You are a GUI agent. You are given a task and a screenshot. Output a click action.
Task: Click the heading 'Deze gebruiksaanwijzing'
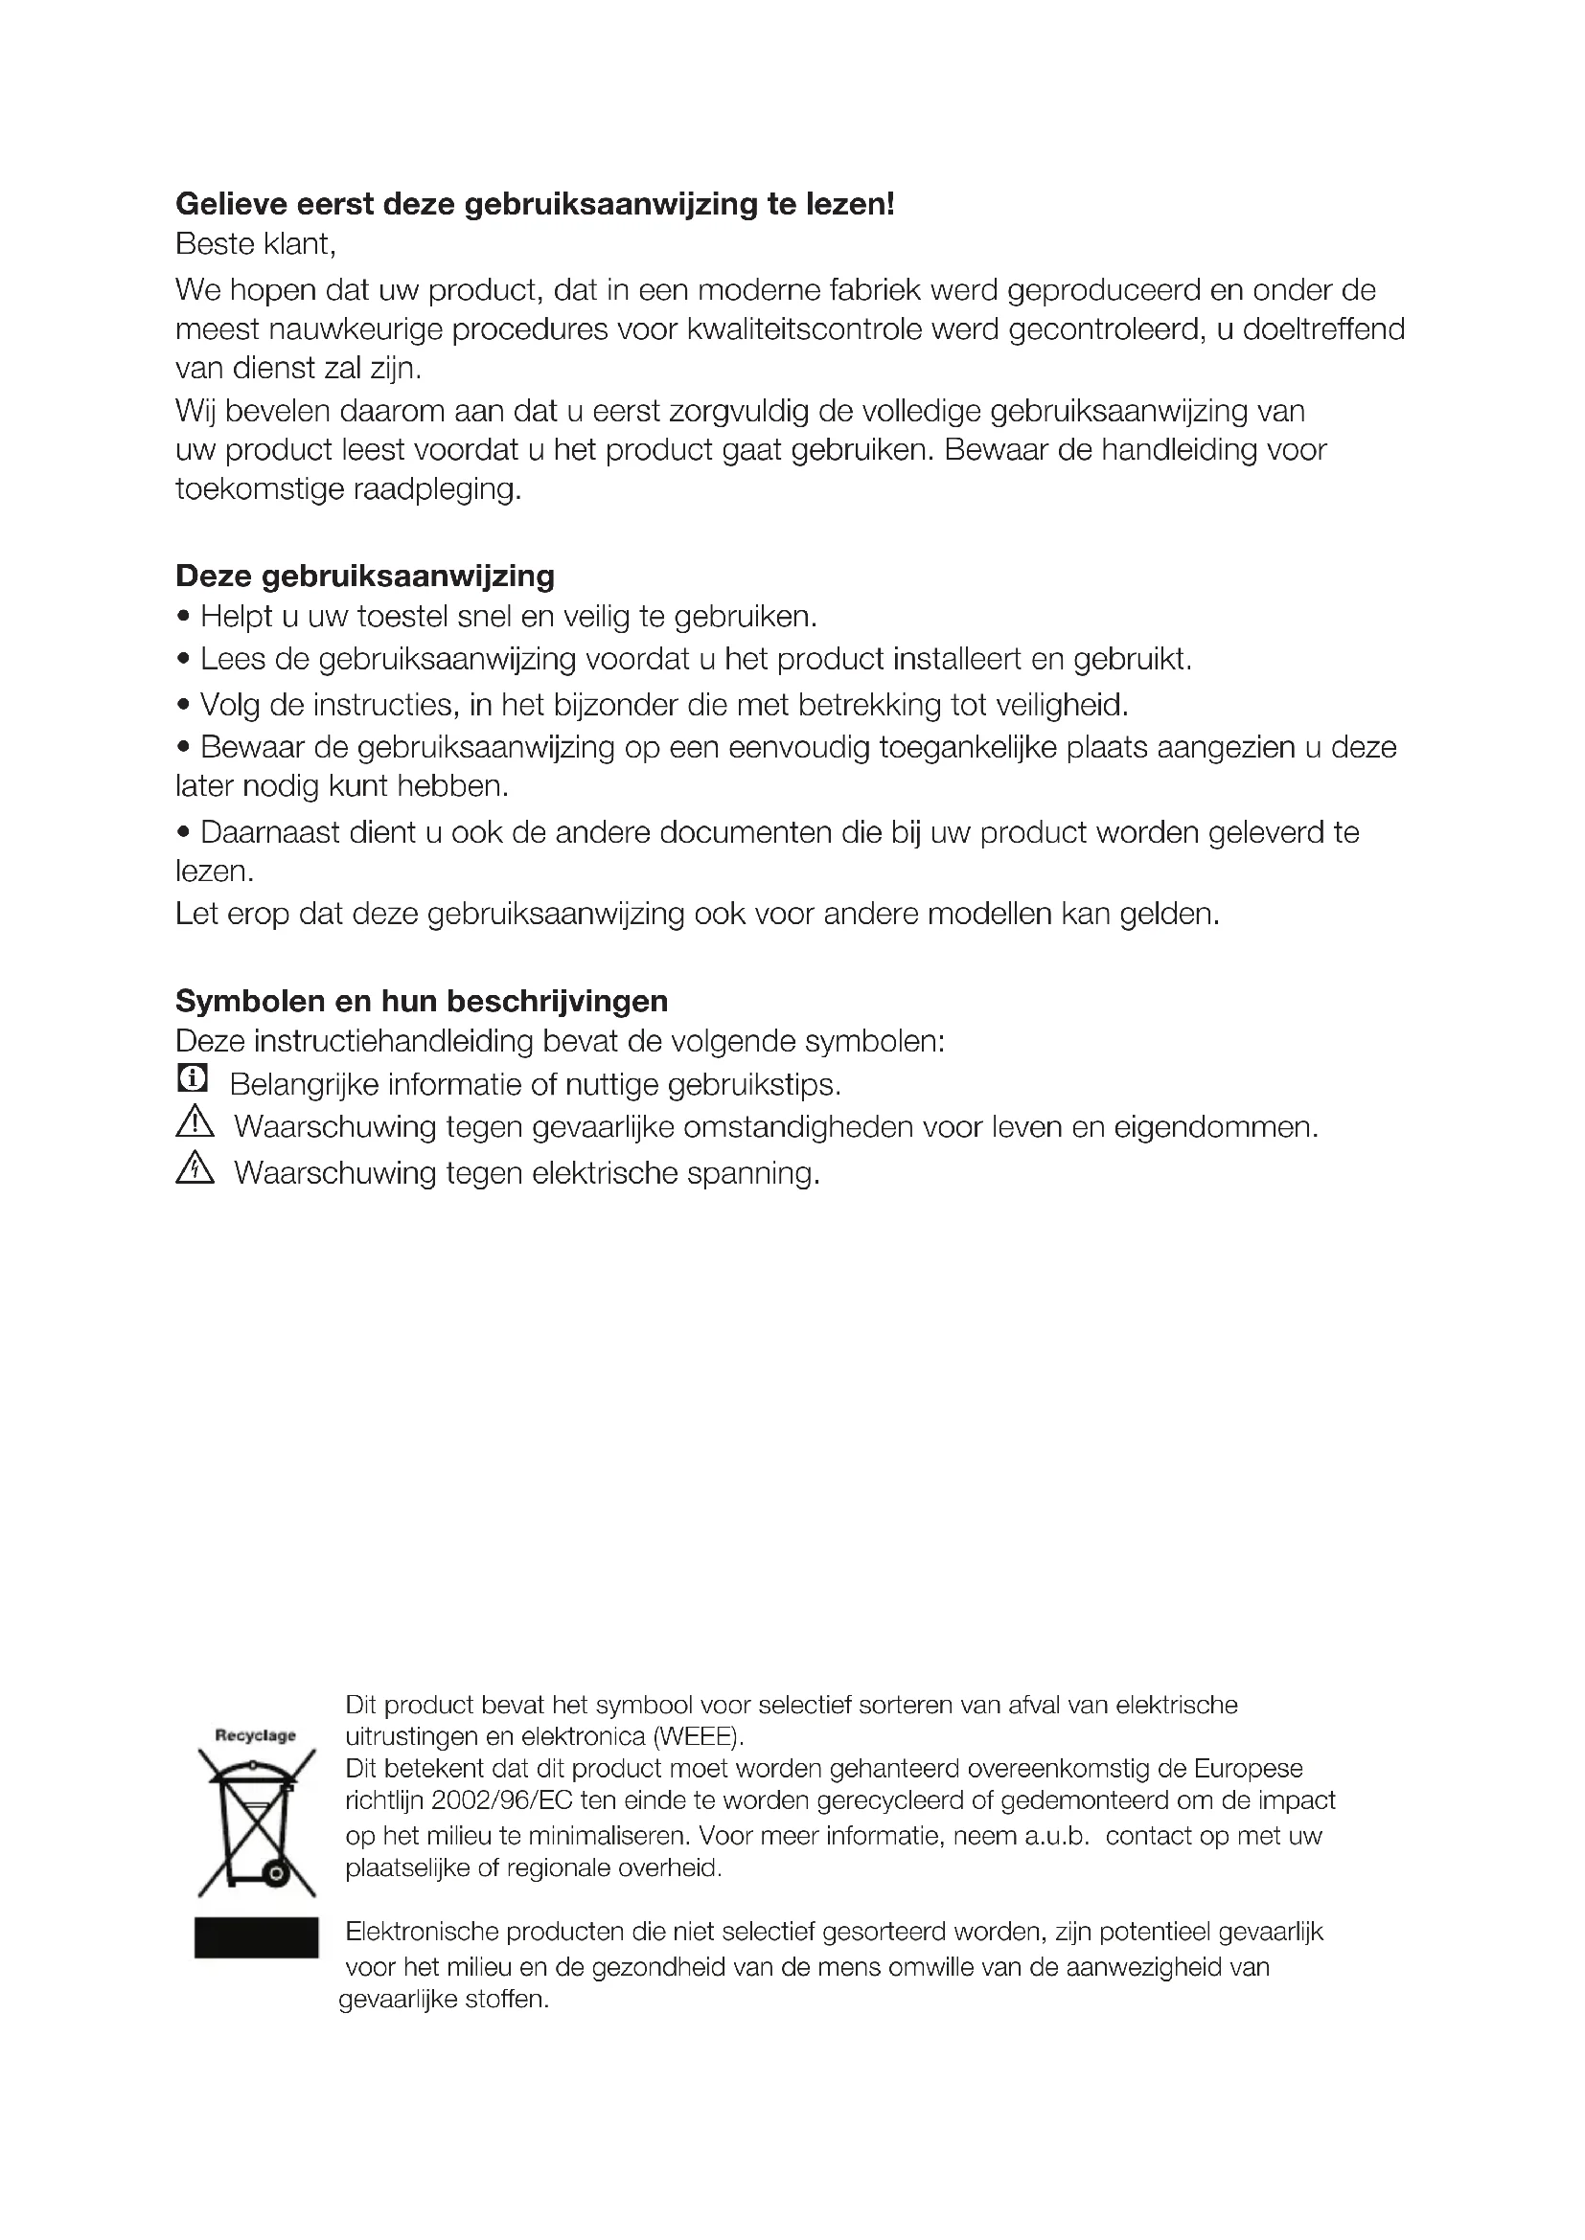[x=365, y=577]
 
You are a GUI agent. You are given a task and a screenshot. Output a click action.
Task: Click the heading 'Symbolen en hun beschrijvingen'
[x=422, y=1001]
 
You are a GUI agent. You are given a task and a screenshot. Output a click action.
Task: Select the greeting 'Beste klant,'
[x=256, y=244]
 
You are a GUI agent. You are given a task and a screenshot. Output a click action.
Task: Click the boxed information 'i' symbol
[x=194, y=1078]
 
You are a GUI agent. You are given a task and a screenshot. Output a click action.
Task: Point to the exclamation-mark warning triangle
[x=195, y=1123]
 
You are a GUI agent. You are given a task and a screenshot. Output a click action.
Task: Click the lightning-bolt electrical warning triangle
[x=195, y=1167]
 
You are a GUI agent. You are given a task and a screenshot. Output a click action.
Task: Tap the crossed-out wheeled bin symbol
[x=256, y=1822]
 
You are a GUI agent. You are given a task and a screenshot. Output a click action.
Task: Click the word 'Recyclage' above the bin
[x=255, y=1735]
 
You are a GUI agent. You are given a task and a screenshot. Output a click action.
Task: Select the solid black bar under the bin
[x=256, y=1936]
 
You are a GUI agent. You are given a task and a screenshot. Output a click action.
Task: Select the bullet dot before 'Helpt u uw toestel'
[x=183, y=618]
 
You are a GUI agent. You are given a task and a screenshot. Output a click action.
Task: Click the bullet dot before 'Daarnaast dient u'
[x=183, y=833]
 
